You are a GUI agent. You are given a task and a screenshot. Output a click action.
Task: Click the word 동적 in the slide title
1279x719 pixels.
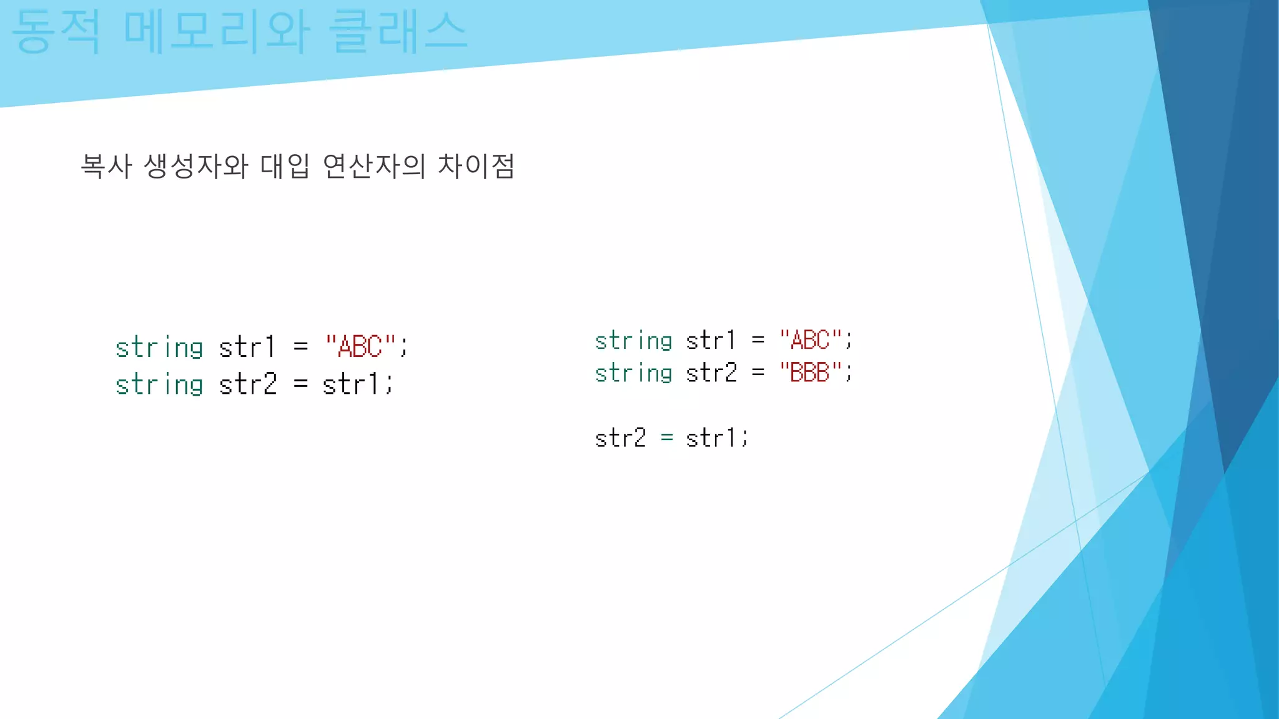(x=56, y=32)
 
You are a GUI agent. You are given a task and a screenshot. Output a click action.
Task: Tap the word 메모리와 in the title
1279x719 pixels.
(x=216, y=32)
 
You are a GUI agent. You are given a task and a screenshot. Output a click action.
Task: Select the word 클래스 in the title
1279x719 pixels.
(x=398, y=32)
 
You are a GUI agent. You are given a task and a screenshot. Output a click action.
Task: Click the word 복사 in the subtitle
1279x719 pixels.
(x=106, y=167)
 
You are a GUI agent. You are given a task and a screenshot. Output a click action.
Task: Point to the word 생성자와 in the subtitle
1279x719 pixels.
(x=196, y=167)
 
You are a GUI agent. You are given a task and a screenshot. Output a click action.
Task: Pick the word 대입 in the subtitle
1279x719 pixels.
(x=285, y=167)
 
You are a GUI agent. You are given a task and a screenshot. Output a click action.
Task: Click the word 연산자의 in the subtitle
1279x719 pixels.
(x=373, y=167)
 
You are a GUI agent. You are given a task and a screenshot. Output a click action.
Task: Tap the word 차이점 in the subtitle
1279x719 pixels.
(x=476, y=167)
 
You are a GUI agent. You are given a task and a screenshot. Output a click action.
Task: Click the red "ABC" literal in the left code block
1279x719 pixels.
(x=360, y=346)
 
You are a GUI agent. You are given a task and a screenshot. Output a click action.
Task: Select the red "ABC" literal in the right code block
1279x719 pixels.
(x=810, y=340)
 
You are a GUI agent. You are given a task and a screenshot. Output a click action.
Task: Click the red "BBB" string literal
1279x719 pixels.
(x=810, y=373)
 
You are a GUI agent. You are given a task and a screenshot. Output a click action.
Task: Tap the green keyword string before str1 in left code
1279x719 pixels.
(x=159, y=348)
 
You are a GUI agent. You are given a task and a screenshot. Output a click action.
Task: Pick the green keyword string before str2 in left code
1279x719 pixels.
(x=159, y=384)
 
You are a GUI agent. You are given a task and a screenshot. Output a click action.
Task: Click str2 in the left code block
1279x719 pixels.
(x=247, y=384)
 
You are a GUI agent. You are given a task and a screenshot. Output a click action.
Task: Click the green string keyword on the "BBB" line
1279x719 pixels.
(x=633, y=373)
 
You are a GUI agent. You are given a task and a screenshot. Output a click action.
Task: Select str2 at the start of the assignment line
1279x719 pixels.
(x=620, y=438)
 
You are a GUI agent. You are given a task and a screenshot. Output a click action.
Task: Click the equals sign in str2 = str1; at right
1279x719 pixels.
(x=667, y=438)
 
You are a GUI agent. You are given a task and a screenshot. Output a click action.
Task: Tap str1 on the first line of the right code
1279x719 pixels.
(x=711, y=341)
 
